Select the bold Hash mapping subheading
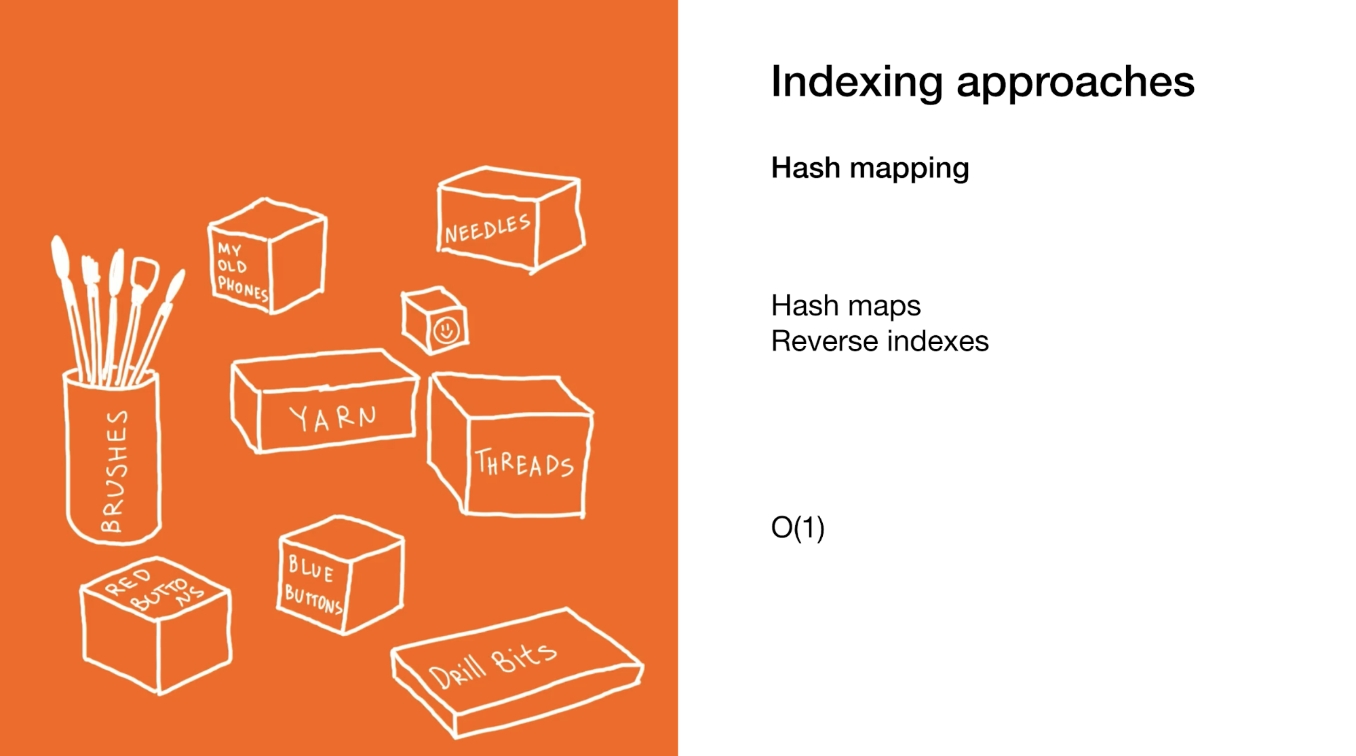(870, 168)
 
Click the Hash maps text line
(846, 306)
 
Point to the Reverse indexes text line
(880, 341)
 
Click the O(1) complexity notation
(798, 527)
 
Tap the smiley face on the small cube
(446, 330)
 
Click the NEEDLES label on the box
(487, 229)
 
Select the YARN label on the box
(332, 418)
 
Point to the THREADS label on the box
(524, 464)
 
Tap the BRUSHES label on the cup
(113, 471)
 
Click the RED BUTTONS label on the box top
(154, 589)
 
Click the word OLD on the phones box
(231, 265)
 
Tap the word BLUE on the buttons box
(311, 569)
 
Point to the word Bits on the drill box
(523, 656)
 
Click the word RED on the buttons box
(128, 582)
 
